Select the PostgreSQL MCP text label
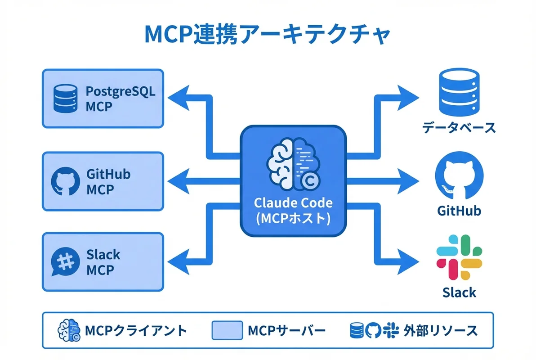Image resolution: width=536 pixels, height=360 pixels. (x=120, y=99)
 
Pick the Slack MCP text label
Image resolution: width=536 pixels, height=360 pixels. (x=103, y=262)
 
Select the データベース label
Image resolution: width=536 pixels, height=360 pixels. (x=459, y=128)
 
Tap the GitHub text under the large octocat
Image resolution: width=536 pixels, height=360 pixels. (x=459, y=210)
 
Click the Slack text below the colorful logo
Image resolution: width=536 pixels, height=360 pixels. (x=459, y=293)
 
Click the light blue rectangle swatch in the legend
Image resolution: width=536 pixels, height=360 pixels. (x=227, y=331)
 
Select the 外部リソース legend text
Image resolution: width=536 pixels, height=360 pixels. (x=440, y=331)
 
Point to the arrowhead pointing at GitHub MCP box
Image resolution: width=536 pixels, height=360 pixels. (x=178, y=181)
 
